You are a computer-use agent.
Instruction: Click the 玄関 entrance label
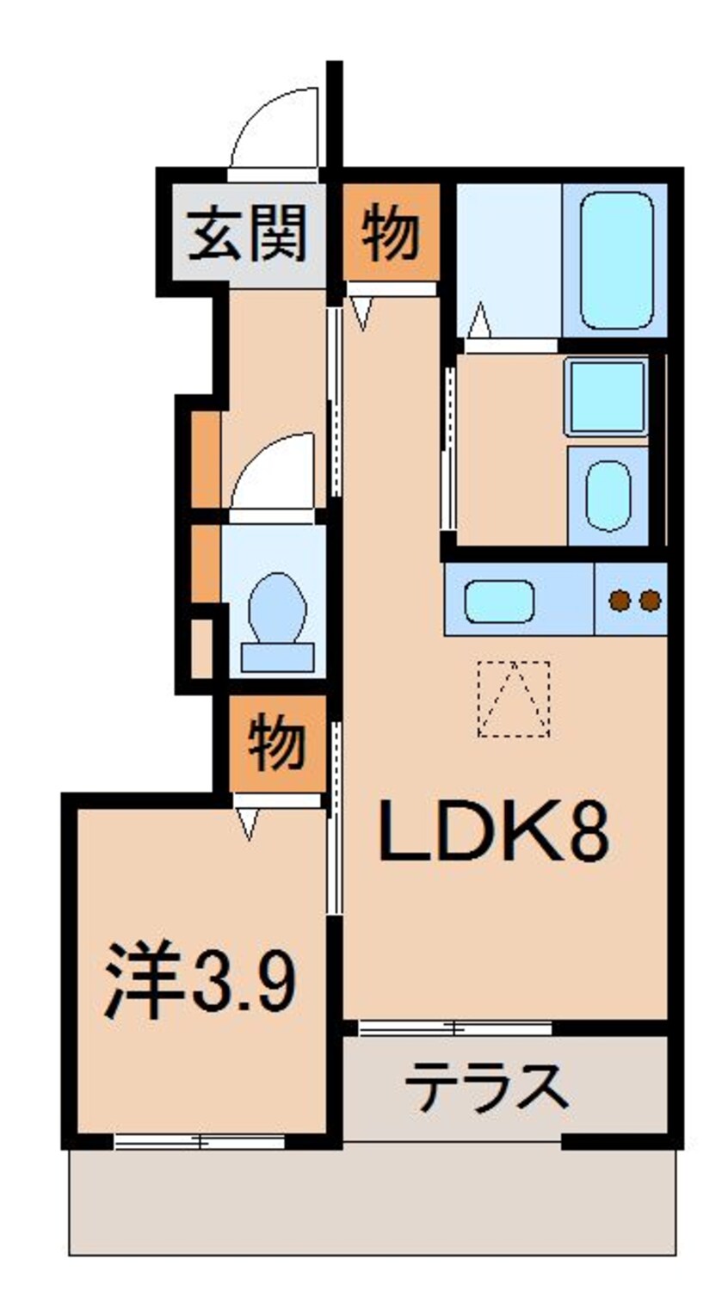[x=247, y=232]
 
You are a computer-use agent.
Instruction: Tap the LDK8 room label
[x=494, y=832]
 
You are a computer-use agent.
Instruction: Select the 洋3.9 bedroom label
[x=201, y=982]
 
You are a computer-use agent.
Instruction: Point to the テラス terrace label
[x=487, y=1086]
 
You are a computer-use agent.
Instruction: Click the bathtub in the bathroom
[x=615, y=260]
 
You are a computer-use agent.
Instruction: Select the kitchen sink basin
[x=499, y=601]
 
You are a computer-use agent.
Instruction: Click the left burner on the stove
[x=620, y=599]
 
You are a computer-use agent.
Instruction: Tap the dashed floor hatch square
[x=514, y=698]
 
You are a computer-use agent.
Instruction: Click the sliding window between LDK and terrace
[x=454, y=1027]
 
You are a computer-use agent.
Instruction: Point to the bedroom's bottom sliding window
[x=200, y=1142]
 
